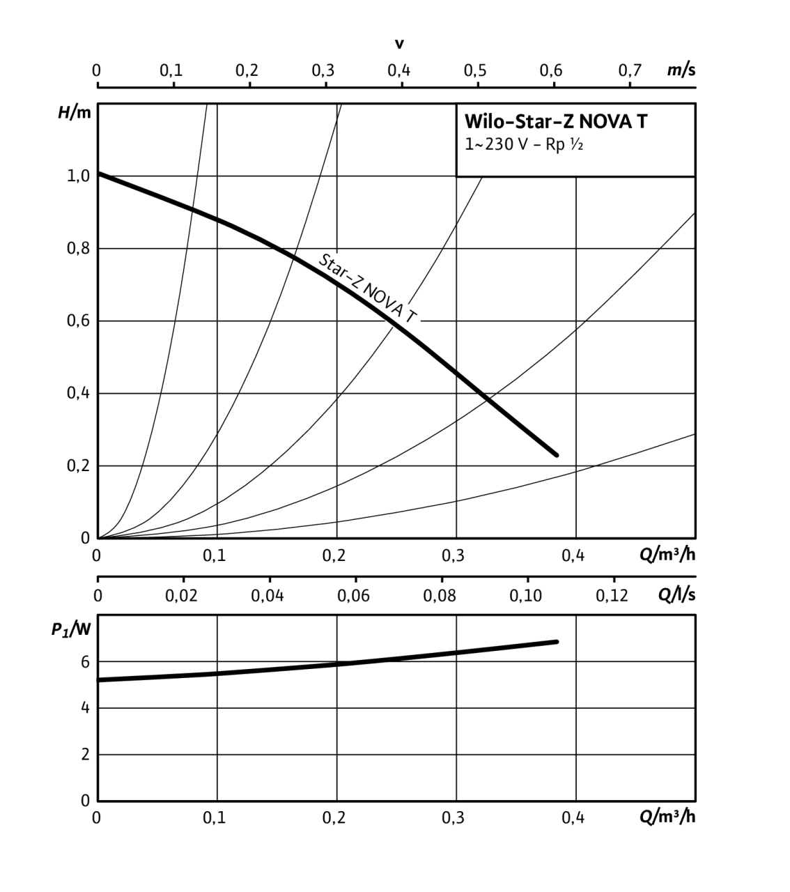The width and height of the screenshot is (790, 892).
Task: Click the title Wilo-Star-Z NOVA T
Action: (x=555, y=122)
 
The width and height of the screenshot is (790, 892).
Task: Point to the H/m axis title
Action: (x=74, y=113)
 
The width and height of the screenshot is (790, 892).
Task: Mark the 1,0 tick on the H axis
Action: (x=78, y=176)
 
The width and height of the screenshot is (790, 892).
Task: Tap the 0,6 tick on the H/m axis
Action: (x=78, y=321)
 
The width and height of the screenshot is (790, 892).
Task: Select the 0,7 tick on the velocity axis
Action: (x=630, y=70)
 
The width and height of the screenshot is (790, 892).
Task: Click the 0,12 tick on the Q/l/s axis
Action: (x=613, y=596)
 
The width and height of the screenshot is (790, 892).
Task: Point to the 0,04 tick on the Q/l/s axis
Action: (x=268, y=596)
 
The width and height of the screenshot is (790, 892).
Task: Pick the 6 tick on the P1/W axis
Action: (x=86, y=662)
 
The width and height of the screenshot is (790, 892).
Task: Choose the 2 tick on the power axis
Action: (x=86, y=755)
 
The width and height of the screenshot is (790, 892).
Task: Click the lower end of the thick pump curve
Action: (x=557, y=454)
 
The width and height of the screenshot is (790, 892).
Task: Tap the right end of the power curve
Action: (x=557, y=641)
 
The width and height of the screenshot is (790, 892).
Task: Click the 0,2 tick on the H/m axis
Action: (x=78, y=466)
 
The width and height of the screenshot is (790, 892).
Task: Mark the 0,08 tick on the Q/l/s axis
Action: (x=440, y=596)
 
